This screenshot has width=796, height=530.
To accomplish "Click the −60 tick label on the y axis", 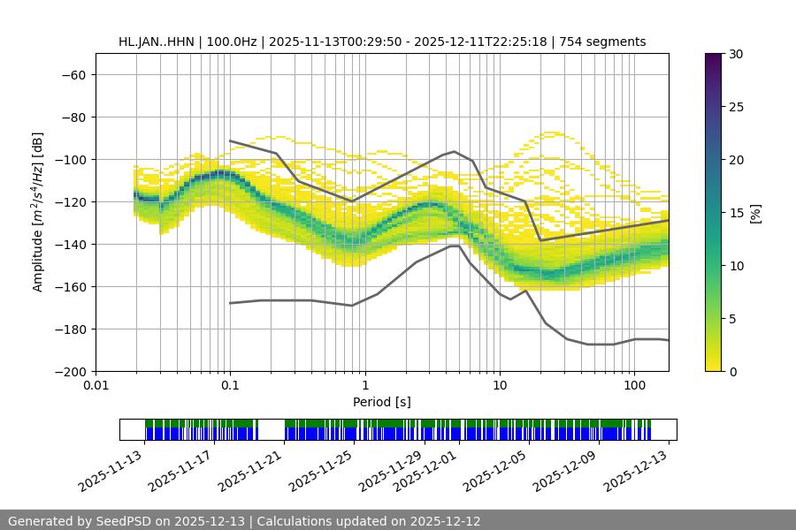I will pyautogui.click(x=73, y=74).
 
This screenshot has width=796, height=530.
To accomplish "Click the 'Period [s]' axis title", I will pyautogui.click(x=381, y=402).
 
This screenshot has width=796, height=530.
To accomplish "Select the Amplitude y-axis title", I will pyautogui.click(x=38, y=212).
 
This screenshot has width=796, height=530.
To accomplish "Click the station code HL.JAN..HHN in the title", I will pyautogui.click(x=157, y=42).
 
